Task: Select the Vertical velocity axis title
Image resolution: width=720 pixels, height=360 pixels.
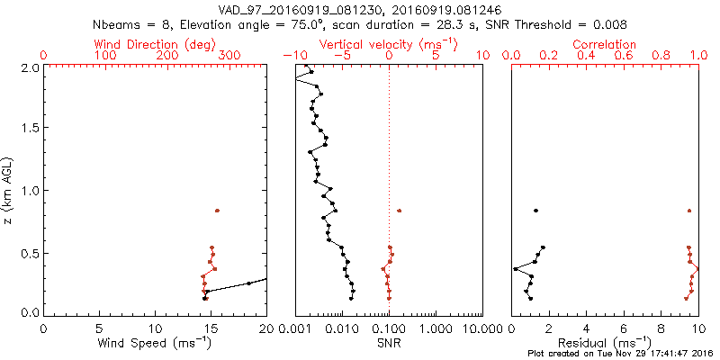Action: [x=388, y=44]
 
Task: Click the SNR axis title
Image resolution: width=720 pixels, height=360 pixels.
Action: [x=388, y=343]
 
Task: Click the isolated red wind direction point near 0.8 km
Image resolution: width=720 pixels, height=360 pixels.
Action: [x=217, y=211]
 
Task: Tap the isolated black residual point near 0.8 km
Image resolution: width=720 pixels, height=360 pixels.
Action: [x=535, y=211]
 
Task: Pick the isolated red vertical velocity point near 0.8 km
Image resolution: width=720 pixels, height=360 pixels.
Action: [x=400, y=211]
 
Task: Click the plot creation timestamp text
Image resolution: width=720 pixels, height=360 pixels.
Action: [x=620, y=354]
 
